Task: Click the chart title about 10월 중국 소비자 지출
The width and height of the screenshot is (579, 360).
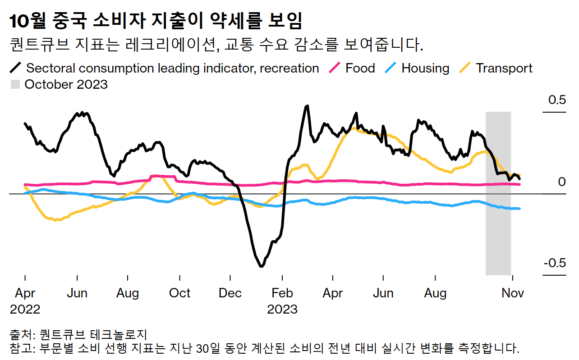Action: [x=156, y=21]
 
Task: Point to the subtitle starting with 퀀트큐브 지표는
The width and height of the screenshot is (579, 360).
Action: [x=216, y=45]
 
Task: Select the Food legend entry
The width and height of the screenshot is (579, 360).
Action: [x=360, y=68]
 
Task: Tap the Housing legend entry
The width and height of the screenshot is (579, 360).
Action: [x=425, y=68]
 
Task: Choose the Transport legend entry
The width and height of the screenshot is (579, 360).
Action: [x=504, y=68]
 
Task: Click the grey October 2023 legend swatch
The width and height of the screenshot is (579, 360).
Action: [x=15, y=84]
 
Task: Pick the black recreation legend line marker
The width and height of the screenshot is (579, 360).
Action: [x=15, y=68]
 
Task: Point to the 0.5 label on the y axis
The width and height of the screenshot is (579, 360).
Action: [x=556, y=100]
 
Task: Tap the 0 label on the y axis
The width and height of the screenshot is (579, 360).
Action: [x=561, y=182]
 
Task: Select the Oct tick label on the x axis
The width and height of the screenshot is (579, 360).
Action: [x=179, y=293]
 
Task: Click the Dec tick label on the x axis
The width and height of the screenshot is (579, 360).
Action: [x=230, y=293]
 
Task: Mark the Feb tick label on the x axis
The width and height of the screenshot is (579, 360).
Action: [x=282, y=293]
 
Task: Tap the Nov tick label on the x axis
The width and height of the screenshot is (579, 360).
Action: [x=513, y=293]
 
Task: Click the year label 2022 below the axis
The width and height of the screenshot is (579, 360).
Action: [x=25, y=310]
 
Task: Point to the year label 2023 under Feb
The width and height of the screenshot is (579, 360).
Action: [x=282, y=310]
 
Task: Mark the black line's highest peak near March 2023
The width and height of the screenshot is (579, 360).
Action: [x=307, y=106]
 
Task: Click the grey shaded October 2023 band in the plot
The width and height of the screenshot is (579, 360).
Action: [x=498, y=225]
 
